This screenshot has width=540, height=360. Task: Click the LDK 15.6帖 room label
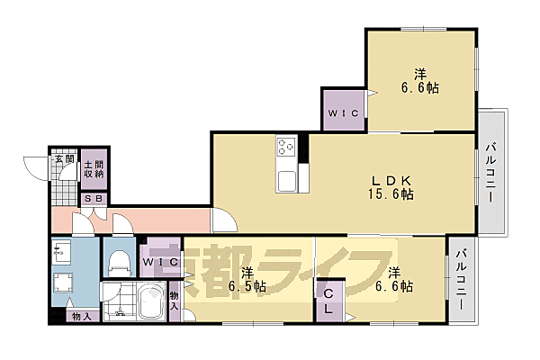coord(391,187)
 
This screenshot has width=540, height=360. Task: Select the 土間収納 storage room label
coord(94,169)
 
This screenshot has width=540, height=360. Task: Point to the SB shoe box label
coord(94,199)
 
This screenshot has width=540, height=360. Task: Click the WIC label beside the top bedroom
coord(343,113)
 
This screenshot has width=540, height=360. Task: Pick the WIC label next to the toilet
coord(160,262)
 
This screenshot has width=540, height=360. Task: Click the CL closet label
coord(328,301)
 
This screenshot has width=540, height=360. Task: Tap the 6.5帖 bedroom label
coord(247,280)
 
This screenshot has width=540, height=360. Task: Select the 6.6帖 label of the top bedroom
coord(419,81)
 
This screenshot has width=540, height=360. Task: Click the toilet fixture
coord(120,263)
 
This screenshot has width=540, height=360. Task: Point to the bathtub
coord(150,301)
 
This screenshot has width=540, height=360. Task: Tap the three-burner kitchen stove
coord(286,148)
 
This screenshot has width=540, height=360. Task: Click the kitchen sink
coord(287,181)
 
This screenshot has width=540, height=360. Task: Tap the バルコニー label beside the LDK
coord(490,173)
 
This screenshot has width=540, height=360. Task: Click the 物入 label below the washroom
coord(82,317)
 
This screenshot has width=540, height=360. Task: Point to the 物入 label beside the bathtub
coord(174,301)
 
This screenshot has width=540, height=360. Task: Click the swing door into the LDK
coord(225,220)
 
